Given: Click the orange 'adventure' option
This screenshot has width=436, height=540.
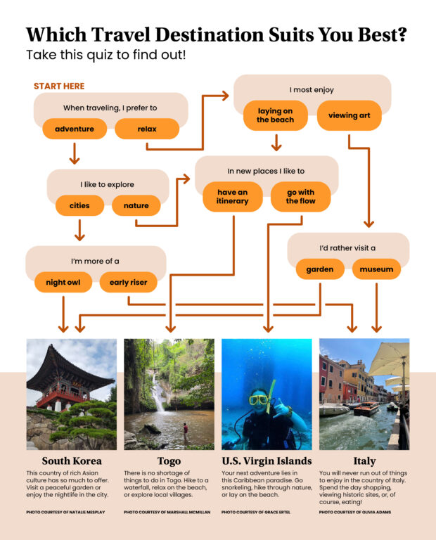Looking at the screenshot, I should (x=75, y=129).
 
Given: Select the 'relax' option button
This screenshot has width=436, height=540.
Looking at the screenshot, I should (x=147, y=129).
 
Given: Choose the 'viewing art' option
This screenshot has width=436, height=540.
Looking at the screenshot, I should (x=350, y=115).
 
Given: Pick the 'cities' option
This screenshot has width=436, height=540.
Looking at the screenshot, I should (x=79, y=205).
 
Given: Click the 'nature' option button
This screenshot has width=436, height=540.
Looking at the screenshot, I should (x=136, y=205).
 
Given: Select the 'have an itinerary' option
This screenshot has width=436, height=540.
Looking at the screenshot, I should (x=232, y=197).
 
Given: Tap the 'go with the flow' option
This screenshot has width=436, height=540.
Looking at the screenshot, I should (x=300, y=197).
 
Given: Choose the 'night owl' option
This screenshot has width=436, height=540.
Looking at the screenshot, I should (x=63, y=282).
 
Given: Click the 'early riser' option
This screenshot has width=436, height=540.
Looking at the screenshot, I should (x=129, y=282).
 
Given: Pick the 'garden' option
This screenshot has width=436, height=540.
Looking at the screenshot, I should (x=319, y=269).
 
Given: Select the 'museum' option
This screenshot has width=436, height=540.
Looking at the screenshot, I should (x=377, y=269).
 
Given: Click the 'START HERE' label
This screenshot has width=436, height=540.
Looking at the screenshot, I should (x=59, y=86).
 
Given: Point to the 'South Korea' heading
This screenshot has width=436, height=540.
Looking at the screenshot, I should (x=72, y=461).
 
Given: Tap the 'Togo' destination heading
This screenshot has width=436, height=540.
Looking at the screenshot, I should (x=169, y=461).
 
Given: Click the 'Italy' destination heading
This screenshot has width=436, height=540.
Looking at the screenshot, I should (x=364, y=461).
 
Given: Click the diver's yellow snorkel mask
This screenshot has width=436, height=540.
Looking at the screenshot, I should (x=259, y=399).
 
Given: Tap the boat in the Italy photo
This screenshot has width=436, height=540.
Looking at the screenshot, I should (x=366, y=409).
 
